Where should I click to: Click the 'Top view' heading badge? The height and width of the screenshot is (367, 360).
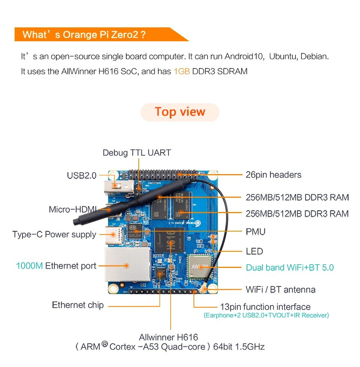tap(180, 112)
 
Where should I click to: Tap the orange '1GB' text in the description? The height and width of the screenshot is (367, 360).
tap(181, 71)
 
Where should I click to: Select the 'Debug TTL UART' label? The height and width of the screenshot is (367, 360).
tap(136, 153)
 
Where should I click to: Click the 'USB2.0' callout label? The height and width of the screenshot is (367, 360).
tap(81, 175)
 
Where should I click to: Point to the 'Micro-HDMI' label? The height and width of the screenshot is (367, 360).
tap(72, 209)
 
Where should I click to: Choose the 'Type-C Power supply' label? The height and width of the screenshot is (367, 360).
tap(54, 235)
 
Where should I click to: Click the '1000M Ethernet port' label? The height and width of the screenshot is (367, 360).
tap(56, 266)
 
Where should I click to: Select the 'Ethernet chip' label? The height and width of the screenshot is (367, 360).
tap(78, 305)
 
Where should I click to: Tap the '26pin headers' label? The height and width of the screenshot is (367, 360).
tap(273, 174)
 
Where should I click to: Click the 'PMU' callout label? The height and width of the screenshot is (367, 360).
tap(255, 232)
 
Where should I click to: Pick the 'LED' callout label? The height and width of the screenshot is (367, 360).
tap(254, 251)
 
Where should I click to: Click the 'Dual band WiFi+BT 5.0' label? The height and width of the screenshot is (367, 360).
tap(289, 268)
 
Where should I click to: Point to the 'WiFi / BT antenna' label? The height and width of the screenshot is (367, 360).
tap(280, 289)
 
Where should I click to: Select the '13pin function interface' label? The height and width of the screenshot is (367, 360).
tap(265, 307)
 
